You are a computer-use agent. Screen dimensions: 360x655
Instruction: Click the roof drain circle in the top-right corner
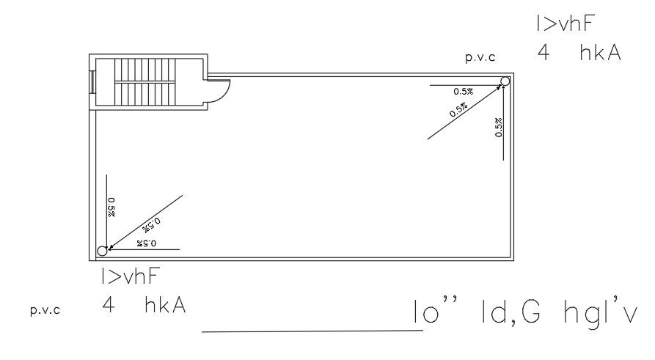click(x=505, y=81)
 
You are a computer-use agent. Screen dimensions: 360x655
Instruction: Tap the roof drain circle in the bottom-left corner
click(x=102, y=251)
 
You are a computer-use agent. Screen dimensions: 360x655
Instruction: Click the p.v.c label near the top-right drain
click(x=480, y=57)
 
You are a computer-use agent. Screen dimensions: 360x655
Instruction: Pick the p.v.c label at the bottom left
click(x=45, y=309)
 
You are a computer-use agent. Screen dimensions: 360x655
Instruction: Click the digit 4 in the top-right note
click(x=543, y=54)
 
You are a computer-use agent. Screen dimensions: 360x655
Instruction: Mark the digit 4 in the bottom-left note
click(x=109, y=306)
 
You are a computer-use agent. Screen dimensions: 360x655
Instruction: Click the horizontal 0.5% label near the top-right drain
click(x=463, y=92)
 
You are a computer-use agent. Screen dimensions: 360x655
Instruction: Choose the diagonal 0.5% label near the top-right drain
click(x=458, y=111)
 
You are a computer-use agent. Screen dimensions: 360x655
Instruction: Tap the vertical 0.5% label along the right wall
click(x=499, y=128)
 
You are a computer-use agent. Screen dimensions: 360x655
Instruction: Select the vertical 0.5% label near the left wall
click(x=111, y=207)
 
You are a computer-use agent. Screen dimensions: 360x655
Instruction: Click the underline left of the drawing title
click(x=312, y=331)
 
